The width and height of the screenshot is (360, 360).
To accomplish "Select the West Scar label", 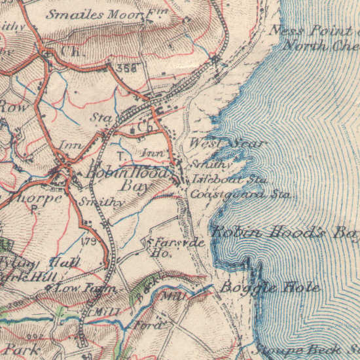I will coord(227,143).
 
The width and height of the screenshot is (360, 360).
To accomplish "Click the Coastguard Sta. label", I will coord(240,194).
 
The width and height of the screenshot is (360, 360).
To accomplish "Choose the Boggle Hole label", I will coord(270,287).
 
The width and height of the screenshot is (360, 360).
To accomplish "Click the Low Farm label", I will coord(85,287).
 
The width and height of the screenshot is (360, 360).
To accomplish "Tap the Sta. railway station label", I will coord(102,118).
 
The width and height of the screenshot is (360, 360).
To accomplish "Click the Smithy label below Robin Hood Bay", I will coord(101,203).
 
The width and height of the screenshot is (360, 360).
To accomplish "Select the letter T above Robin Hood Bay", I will coord(120,155).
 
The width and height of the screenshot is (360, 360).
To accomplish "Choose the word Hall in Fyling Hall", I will coord(65,262).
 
